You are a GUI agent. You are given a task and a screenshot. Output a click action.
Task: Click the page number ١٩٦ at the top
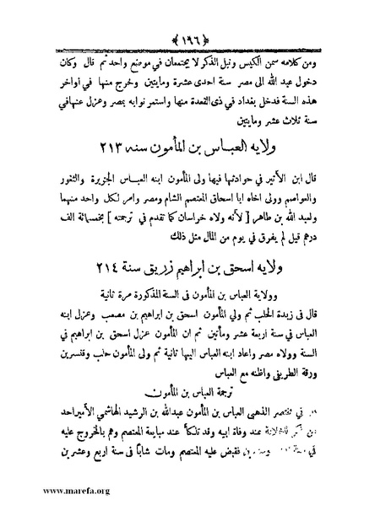tap(195, 14)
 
